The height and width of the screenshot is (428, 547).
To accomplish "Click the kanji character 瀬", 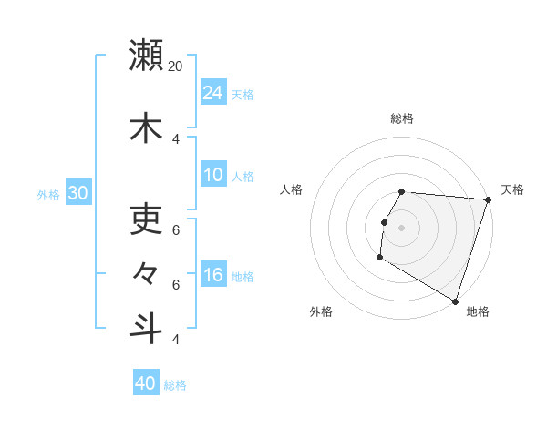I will point(146,55).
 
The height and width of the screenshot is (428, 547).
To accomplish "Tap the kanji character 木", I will point(146,127).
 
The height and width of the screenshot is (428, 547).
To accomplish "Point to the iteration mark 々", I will point(146,272).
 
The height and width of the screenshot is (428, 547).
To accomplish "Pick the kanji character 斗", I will point(146,328).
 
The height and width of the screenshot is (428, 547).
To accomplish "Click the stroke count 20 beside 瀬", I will point(176,66).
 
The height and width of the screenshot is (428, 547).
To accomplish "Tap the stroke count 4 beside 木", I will point(176,139).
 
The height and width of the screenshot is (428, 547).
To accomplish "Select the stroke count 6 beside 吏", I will point(176,229).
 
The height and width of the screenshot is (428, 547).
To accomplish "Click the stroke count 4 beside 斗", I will point(176,340).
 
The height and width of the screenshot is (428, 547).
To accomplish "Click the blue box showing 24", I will point(213,93).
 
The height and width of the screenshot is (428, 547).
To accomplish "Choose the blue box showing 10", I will point(213,175).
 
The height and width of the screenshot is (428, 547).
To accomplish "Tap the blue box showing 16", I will point(213,275).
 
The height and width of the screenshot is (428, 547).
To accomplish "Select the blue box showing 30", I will point(77,193).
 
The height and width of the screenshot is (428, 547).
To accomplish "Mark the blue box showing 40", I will point(146,383).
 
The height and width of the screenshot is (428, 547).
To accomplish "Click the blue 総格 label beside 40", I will point(175,385).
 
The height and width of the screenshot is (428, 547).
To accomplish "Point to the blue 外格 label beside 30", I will point(48,194).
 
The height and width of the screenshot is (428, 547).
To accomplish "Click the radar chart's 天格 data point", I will point(488,199).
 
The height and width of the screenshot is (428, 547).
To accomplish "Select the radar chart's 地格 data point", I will point(455,301).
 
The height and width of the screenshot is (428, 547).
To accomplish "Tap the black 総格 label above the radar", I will point(402,118).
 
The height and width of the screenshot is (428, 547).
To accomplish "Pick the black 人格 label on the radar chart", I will point(292,189).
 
